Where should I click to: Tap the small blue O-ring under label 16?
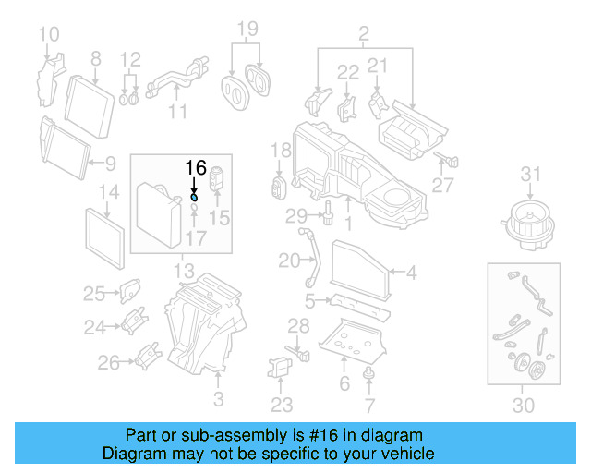194,196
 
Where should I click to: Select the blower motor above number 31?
529,221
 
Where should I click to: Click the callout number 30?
523,404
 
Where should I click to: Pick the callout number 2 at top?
364,36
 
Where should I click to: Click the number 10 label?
48,36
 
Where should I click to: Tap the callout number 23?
282,404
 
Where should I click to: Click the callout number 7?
369,404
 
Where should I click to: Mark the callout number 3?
219,399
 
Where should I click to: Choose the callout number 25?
94,294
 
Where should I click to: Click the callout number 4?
411,272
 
